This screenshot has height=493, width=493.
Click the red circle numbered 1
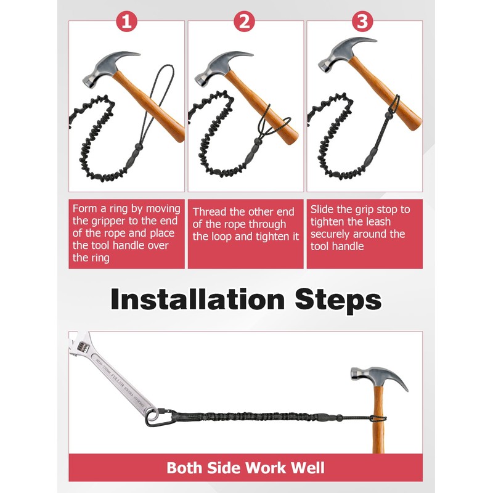click(126, 22)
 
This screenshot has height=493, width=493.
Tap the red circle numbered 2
click(245, 22)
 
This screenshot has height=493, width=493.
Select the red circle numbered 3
click(363, 22)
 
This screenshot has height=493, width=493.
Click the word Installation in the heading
click(197, 300)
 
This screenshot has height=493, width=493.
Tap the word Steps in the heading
click(336, 300)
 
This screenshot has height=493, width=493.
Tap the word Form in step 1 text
click(84, 209)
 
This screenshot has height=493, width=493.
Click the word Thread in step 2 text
click(210, 212)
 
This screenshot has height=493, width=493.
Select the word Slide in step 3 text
click(324, 210)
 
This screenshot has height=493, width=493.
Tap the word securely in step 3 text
click(333, 234)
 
